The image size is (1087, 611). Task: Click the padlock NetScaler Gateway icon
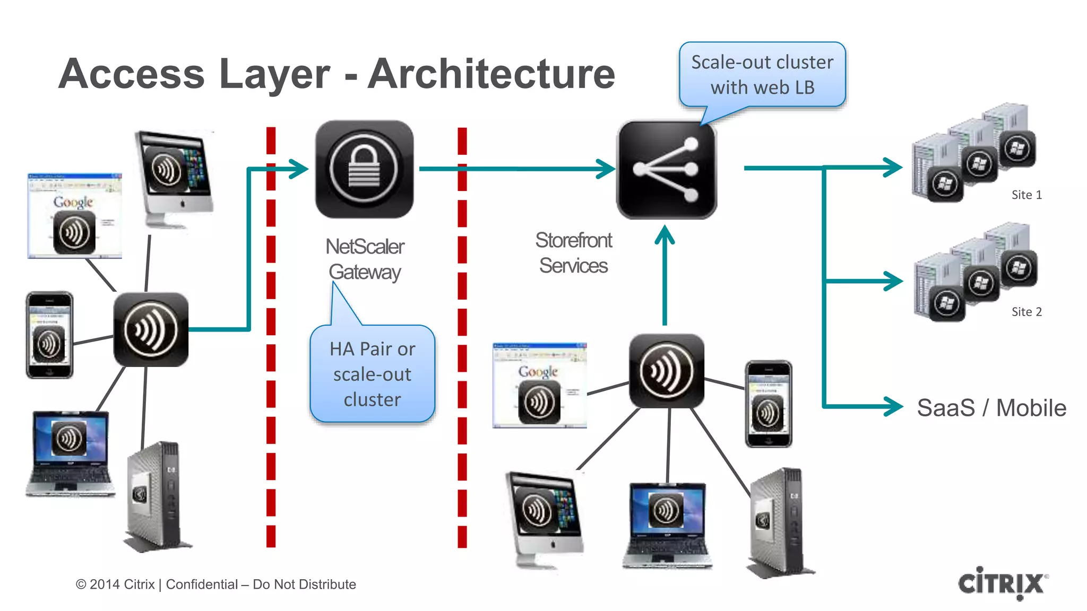(364, 169)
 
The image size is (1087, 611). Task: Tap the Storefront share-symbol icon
(666, 170)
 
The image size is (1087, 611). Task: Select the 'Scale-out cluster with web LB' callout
(762, 75)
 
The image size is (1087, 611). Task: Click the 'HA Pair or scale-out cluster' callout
(372, 374)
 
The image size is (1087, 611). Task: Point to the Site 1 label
(1026, 195)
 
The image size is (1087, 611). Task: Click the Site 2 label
(1026, 311)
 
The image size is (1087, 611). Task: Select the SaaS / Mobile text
(991, 408)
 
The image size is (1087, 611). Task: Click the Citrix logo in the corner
(1002, 583)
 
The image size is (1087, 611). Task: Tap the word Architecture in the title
(491, 74)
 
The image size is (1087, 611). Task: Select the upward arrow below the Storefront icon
(665, 276)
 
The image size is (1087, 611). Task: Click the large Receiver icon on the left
(151, 329)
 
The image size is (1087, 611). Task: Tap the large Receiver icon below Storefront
(666, 371)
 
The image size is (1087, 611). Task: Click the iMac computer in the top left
(174, 178)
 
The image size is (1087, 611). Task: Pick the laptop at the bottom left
(70, 453)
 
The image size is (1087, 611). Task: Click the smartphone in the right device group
(768, 404)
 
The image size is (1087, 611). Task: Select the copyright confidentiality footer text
(215, 584)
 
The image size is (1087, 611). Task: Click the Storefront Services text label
(573, 253)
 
